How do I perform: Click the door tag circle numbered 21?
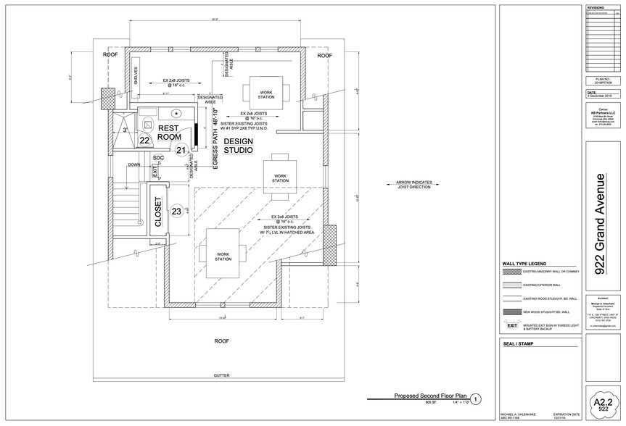[181, 149]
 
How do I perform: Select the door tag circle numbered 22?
[144, 141]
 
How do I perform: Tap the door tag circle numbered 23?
[176, 212]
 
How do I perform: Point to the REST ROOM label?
[169, 132]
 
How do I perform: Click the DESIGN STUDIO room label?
[238, 145]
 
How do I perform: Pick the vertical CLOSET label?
[158, 212]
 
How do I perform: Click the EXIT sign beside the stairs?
[154, 171]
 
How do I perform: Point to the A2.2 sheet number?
[599, 400]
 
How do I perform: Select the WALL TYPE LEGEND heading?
[524, 264]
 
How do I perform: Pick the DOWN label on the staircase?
[134, 164]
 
